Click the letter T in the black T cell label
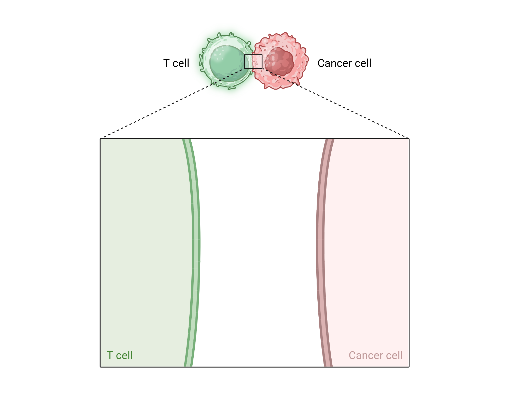pos(166,63)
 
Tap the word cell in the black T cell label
pos(181,63)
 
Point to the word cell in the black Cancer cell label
pos(363,63)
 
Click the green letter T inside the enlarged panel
pos(110,355)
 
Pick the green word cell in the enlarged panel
pos(124,355)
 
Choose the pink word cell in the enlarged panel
pos(394,355)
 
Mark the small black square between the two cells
pos(253,55)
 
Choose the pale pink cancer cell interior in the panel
pos(366,229)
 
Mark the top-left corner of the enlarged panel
pos(101,139)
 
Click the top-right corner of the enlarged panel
pos(409,139)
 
